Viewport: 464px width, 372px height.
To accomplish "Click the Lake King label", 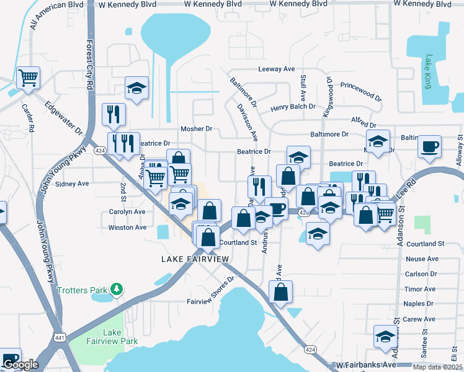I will (x=427, y=72).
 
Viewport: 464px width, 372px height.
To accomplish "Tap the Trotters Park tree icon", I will (x=115, y=290).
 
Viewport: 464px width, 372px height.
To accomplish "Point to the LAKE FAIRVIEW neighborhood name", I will (x=195, y=259).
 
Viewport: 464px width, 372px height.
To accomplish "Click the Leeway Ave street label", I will (x=276, y=69).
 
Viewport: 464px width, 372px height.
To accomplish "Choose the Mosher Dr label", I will (x=196, y=129).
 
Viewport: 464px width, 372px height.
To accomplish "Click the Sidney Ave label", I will (x=72, y=184).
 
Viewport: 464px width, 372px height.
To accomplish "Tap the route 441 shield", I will (x=60, y=337).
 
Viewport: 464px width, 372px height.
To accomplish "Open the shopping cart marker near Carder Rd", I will (x=29, y=78).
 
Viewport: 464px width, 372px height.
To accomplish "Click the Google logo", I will (x=20, y=365).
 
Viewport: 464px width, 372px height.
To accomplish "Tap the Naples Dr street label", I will (x=418, y=304).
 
